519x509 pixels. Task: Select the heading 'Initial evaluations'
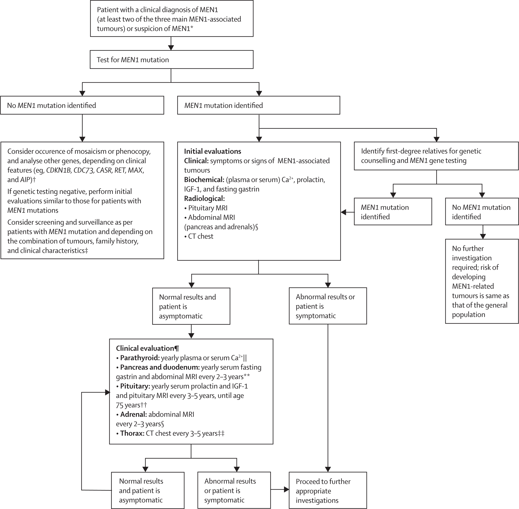(x=212, y=151)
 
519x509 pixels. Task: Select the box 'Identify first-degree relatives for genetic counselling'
(x=436, y=156)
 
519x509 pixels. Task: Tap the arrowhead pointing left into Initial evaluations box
(x=344, y=212)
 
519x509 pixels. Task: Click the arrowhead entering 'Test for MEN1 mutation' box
(x=171, y=48)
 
